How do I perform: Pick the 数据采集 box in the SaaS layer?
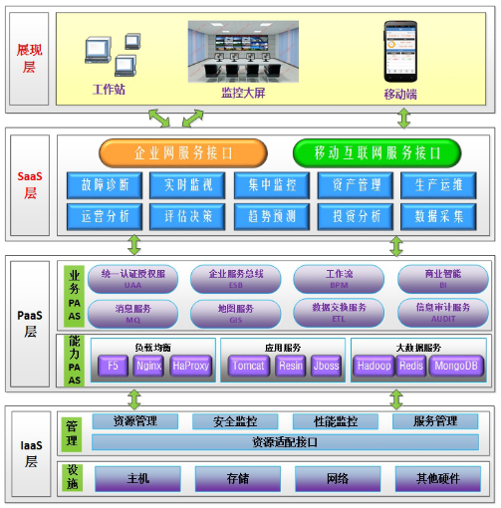coord(433,216)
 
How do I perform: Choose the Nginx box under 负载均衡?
coord(147,366)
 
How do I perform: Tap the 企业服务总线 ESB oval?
coord(236,277)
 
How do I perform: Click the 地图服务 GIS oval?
coord(236,312)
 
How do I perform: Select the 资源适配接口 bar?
coord(278,441)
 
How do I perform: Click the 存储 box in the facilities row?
coord(235,478)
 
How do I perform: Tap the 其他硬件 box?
coord(438,478)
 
